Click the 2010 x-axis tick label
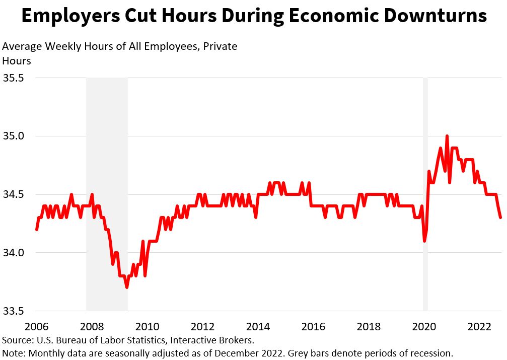coord(147,326)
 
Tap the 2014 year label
coord(258,326)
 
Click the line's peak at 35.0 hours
coord(447,136)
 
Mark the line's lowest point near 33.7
coord(127,287)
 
